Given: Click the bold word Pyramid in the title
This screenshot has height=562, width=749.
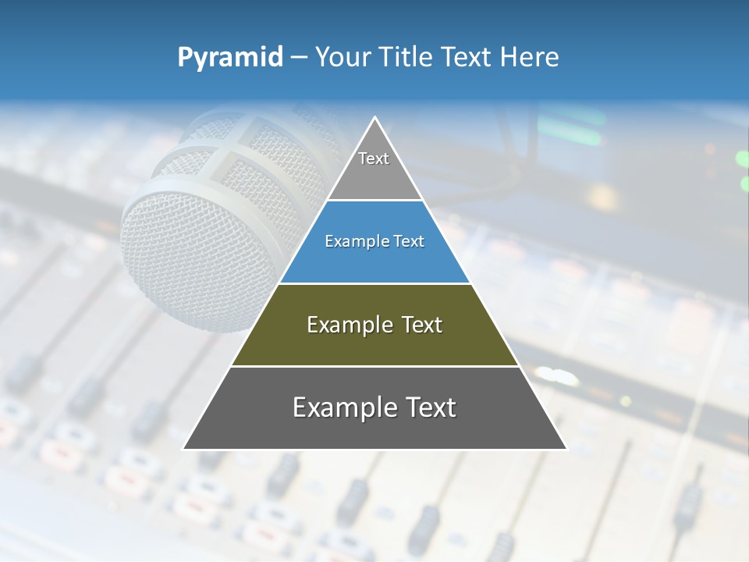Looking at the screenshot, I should pyautogui.click(x=229, y=58).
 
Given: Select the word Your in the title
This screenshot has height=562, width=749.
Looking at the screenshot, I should pyautogui.click(x=342, y=58).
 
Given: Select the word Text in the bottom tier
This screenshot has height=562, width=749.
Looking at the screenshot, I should pyautogui.click(x=424, y=407).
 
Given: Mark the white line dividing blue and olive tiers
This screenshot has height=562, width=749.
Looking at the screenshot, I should pyautogui.click(x=374, y=283).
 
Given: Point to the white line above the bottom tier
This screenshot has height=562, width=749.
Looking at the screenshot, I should pyautogui.click(x=374, y=366).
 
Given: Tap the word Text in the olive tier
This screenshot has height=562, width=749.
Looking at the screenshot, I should pyautogui.click(x=421, y=325).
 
